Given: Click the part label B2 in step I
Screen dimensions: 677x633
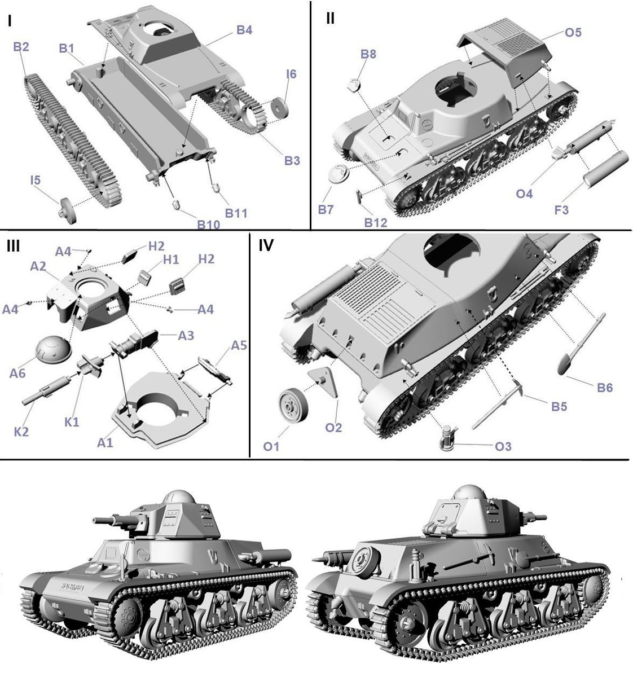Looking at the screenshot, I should click(x=21, y=47).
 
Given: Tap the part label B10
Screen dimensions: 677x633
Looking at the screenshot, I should click(x=209, y=224).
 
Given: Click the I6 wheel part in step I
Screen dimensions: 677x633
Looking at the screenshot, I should click(x=280, y=107).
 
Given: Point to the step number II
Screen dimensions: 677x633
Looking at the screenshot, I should click(x=329, y=18).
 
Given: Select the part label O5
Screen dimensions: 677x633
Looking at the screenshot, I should click(x=573, y=32).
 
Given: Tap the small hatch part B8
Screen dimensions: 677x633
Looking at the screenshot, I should click(x=353, y=85).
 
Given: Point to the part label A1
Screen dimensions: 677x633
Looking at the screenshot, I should click(x=105, y=443).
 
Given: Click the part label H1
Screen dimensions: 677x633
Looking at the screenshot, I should click(x=171, y=260).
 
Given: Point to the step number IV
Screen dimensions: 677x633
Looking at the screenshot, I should click(x=266, y=246).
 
